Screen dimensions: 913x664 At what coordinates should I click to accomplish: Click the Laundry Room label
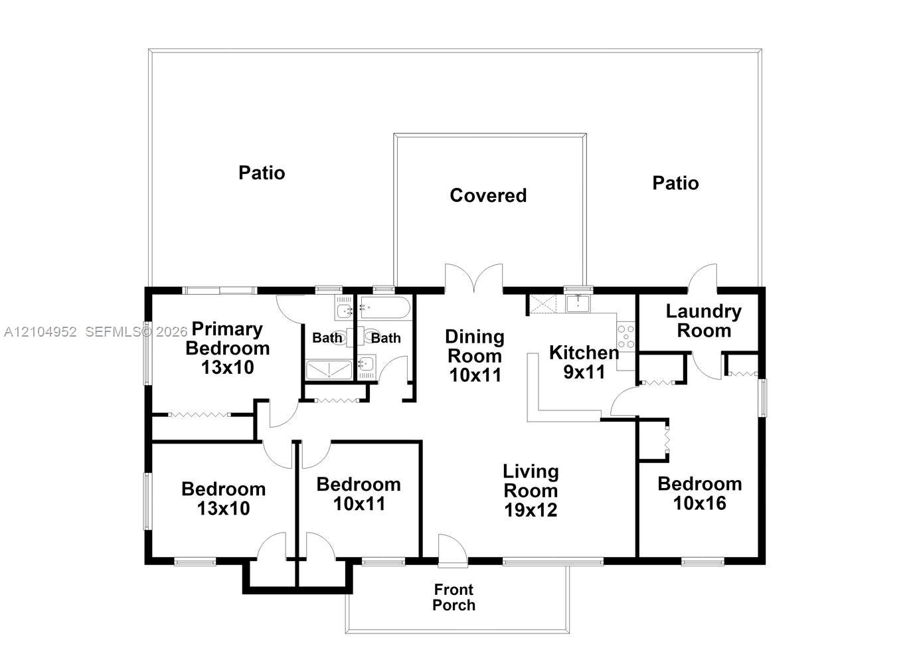click(x=703, y=321)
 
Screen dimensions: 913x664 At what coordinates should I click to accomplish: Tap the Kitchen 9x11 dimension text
click(x=584, y=372)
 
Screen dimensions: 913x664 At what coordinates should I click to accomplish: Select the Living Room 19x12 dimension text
click(x=531, y=510)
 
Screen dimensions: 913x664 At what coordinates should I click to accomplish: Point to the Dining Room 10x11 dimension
click(x=475, y=375)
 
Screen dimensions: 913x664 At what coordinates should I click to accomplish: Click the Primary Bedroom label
click(x=228, y=339)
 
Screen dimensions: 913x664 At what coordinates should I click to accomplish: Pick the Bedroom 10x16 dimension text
click(x=699, y=503)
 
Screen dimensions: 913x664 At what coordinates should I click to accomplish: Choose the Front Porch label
click(x=454, y=597)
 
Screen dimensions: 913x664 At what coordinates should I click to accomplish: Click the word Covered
click(x=488, y=195)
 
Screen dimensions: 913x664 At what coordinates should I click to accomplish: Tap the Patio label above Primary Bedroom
click(x=262, y=173)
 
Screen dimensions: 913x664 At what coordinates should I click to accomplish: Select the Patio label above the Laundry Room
click(x=675, y=183)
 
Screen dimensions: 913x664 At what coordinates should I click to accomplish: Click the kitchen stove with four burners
click(x=625, y=336)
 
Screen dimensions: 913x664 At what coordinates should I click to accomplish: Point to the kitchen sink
click(x=578, y=303)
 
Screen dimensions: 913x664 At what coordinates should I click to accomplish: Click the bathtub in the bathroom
click(x=384, y=307)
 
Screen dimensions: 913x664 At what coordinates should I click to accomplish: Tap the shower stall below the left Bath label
click(x=329, y=370)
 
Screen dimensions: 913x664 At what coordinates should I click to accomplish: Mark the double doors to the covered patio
click(x=473, y=278)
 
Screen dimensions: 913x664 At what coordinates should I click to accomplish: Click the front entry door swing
click(x=453, y=550)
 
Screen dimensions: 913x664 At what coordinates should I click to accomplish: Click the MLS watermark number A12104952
click(x=40, y=332)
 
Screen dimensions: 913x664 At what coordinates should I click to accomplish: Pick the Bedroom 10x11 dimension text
click(x=359, y=504)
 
